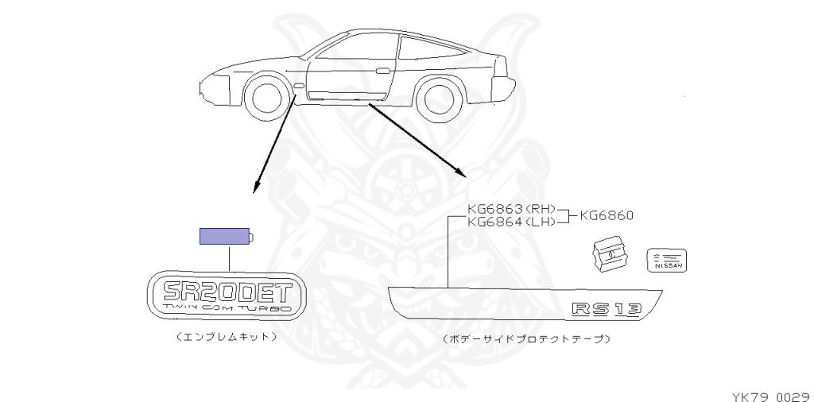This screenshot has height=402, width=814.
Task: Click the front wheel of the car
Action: coord(264,97)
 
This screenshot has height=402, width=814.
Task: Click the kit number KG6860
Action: coord(606,215)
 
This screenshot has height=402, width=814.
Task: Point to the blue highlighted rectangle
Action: coord(223,236)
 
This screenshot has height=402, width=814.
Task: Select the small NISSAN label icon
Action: coord(668,260)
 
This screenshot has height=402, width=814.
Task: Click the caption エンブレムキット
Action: coord(227,336)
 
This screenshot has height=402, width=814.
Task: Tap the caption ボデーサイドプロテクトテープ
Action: coord(526,339)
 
